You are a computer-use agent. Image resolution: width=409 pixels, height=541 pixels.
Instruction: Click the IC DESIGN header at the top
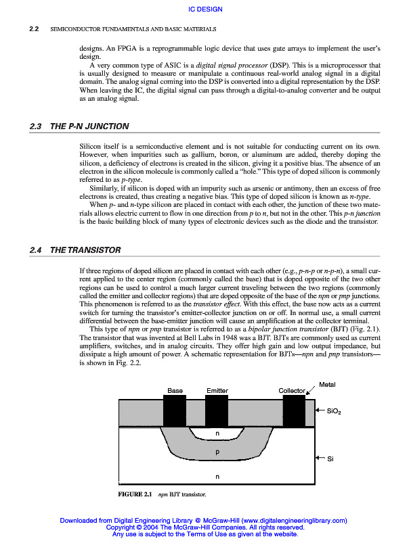(x=204, y=9)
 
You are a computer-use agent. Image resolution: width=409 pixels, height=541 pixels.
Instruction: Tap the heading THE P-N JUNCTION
(x=89, y=126)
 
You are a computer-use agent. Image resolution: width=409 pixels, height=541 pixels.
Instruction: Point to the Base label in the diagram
(x=175, y=391)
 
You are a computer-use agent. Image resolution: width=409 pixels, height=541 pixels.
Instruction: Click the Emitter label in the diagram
(x=217, y=391)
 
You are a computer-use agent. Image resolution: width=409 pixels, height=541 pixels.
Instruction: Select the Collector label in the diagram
(x=292, y=391)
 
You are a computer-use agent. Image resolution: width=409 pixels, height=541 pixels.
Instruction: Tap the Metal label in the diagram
(x=327, y=385)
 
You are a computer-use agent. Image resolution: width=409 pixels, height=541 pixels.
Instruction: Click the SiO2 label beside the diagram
(x=335, y=410)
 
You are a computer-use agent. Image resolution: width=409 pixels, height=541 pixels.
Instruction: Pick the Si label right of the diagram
(x=330, y=459)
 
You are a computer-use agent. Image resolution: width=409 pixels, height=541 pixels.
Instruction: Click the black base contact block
(x=175, y=410)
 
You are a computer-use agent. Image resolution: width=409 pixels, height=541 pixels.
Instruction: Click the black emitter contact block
(x=217, y=410)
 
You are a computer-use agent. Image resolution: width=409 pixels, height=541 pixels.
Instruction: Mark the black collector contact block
(x=294, y=410)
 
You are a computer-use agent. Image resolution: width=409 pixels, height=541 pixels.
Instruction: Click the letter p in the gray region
(x=217, y=452)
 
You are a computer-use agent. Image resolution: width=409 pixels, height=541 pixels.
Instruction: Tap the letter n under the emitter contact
(x=217, y=433)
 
